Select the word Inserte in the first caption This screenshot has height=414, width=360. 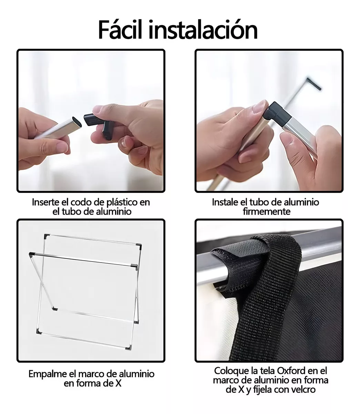(46, 202)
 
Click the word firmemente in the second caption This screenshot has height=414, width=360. (267, 211)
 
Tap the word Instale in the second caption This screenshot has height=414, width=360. (225, 202)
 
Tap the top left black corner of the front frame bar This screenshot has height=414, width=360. (31, 254)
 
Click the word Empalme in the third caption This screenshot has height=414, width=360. (46, 374)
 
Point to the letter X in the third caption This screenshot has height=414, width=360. (118, 383)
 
